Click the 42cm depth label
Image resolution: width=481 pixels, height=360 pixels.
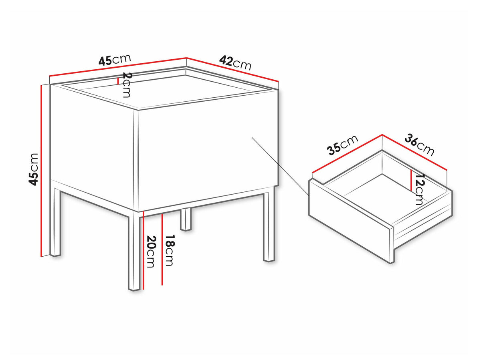235,63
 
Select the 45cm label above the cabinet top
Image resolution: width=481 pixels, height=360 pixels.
115,60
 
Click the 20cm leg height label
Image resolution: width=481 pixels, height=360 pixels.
151,251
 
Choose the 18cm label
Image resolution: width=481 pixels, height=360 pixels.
170,250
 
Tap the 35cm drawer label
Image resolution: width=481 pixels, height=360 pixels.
342,145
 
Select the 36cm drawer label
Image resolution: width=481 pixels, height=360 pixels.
419,145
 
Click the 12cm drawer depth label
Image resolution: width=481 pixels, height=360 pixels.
419,189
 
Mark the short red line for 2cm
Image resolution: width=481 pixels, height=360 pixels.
118,81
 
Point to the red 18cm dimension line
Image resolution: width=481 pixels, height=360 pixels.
162,249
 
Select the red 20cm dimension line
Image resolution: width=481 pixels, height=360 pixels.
143,250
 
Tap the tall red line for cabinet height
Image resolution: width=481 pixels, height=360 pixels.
41,171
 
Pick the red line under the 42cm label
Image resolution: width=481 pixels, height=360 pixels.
232,70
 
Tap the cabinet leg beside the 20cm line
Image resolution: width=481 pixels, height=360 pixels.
134,251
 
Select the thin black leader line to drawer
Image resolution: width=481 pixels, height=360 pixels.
280,166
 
